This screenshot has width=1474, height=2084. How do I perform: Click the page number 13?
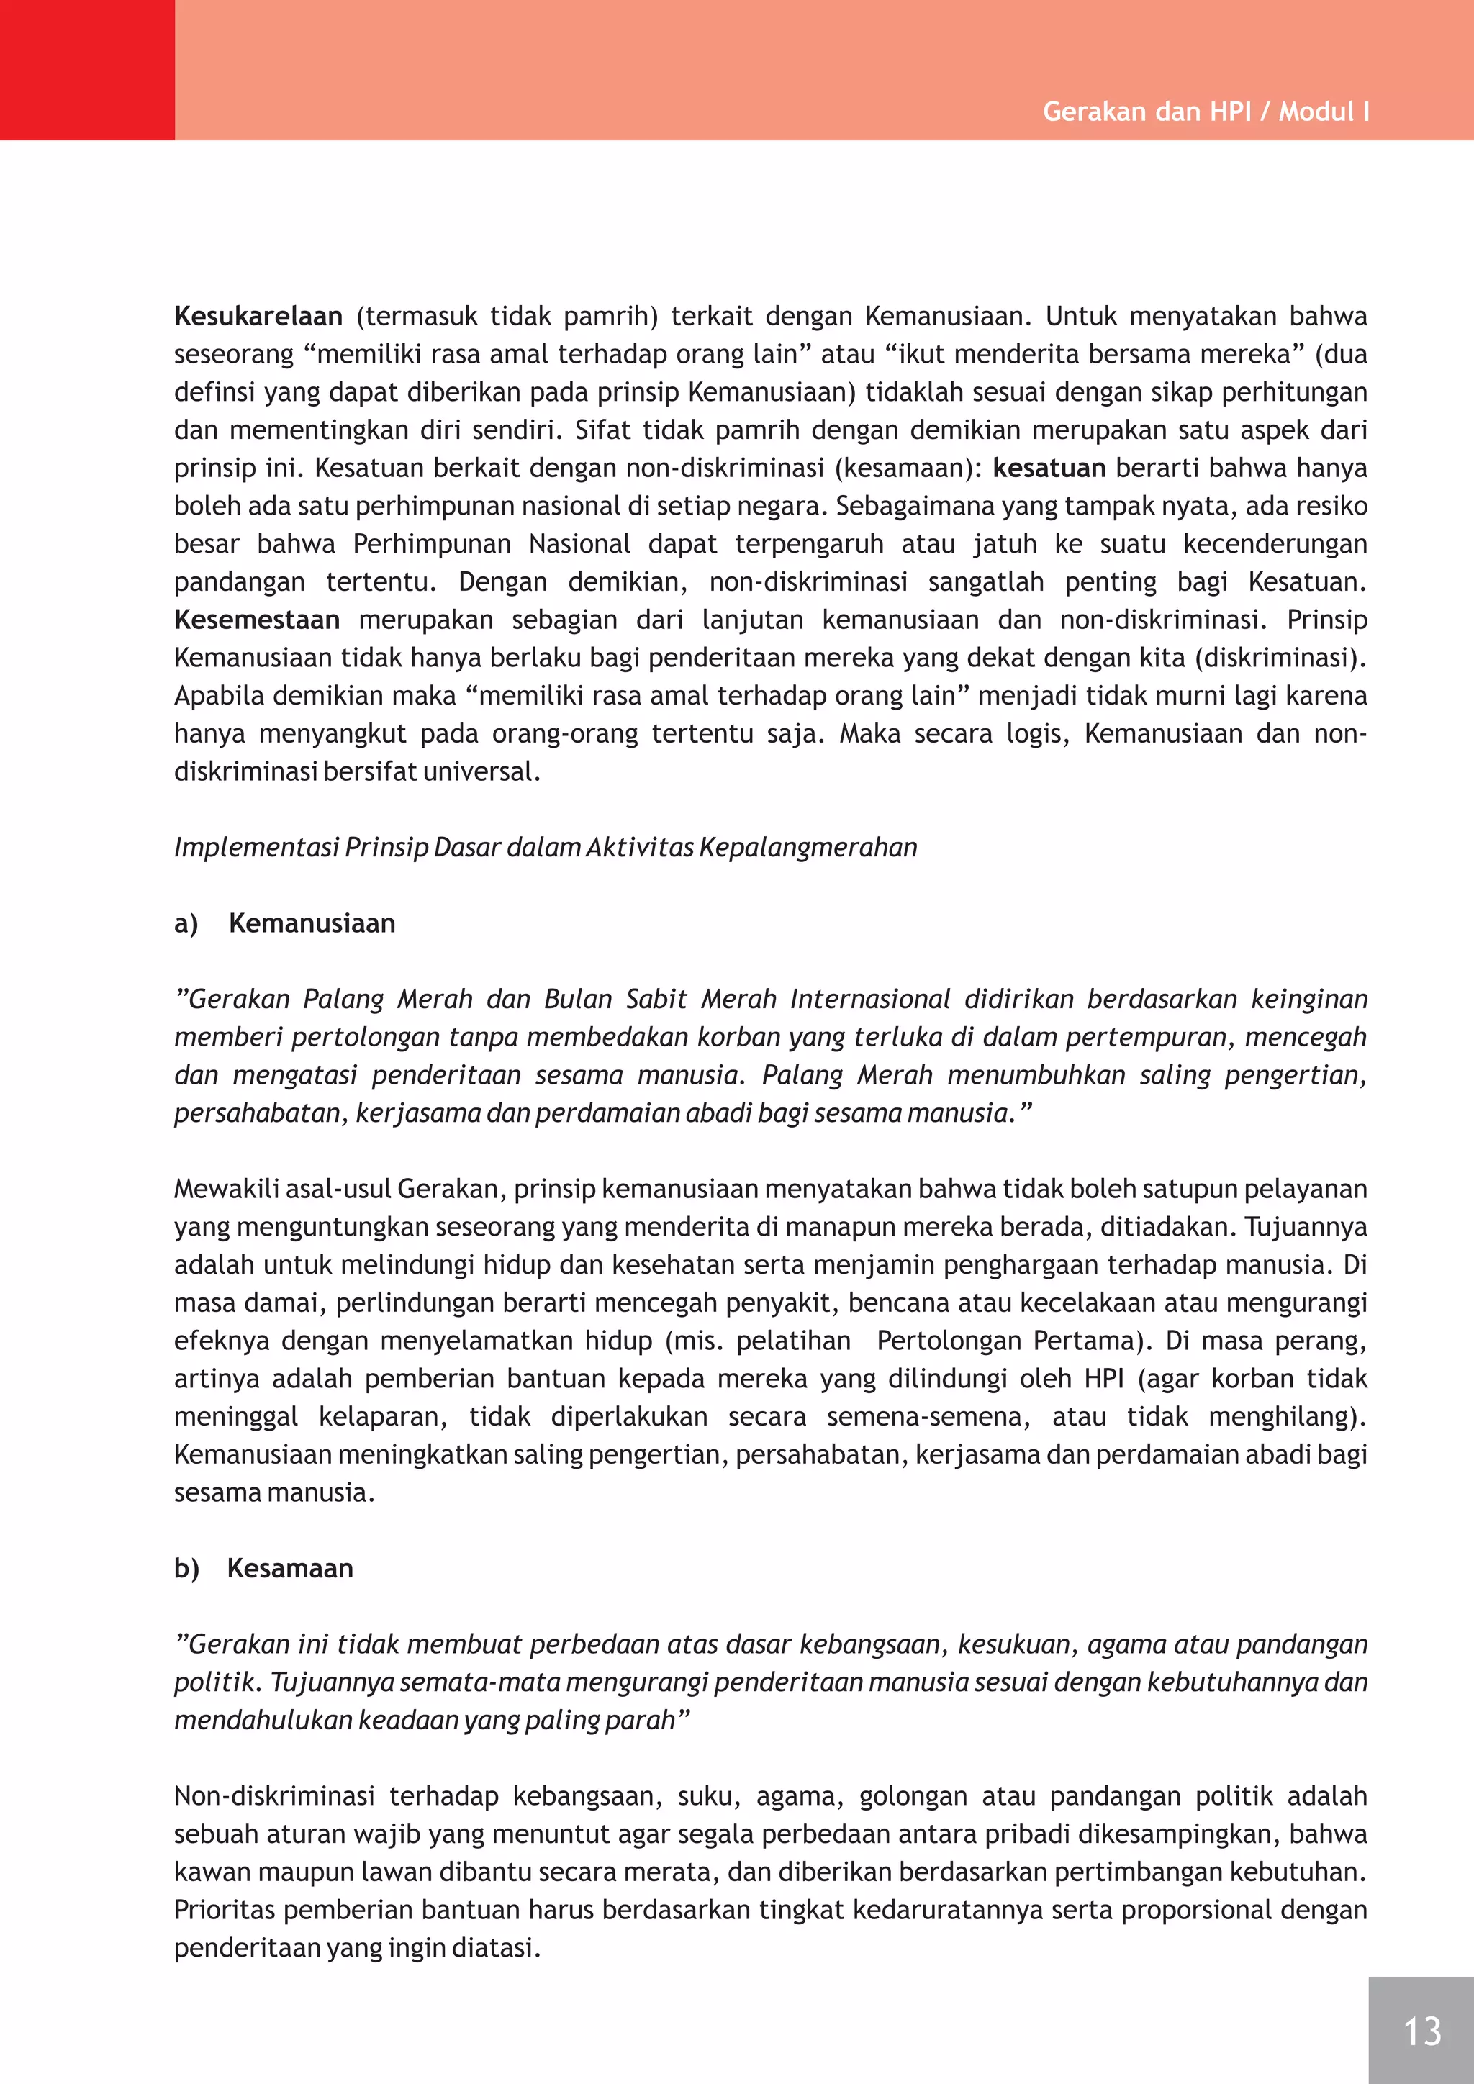(1421, 2031)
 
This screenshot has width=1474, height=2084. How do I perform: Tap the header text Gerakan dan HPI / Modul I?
(1206, 112)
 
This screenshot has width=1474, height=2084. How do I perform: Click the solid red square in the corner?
(87, 70)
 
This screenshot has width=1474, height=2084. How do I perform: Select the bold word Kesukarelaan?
(258, 316)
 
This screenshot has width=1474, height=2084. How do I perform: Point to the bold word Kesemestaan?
(257, 619)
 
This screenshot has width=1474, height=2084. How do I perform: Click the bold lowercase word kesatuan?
(1049, 468)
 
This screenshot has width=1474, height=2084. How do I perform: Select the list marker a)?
(186, 923)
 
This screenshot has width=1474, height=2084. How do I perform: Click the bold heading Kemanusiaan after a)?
(312, 923)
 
